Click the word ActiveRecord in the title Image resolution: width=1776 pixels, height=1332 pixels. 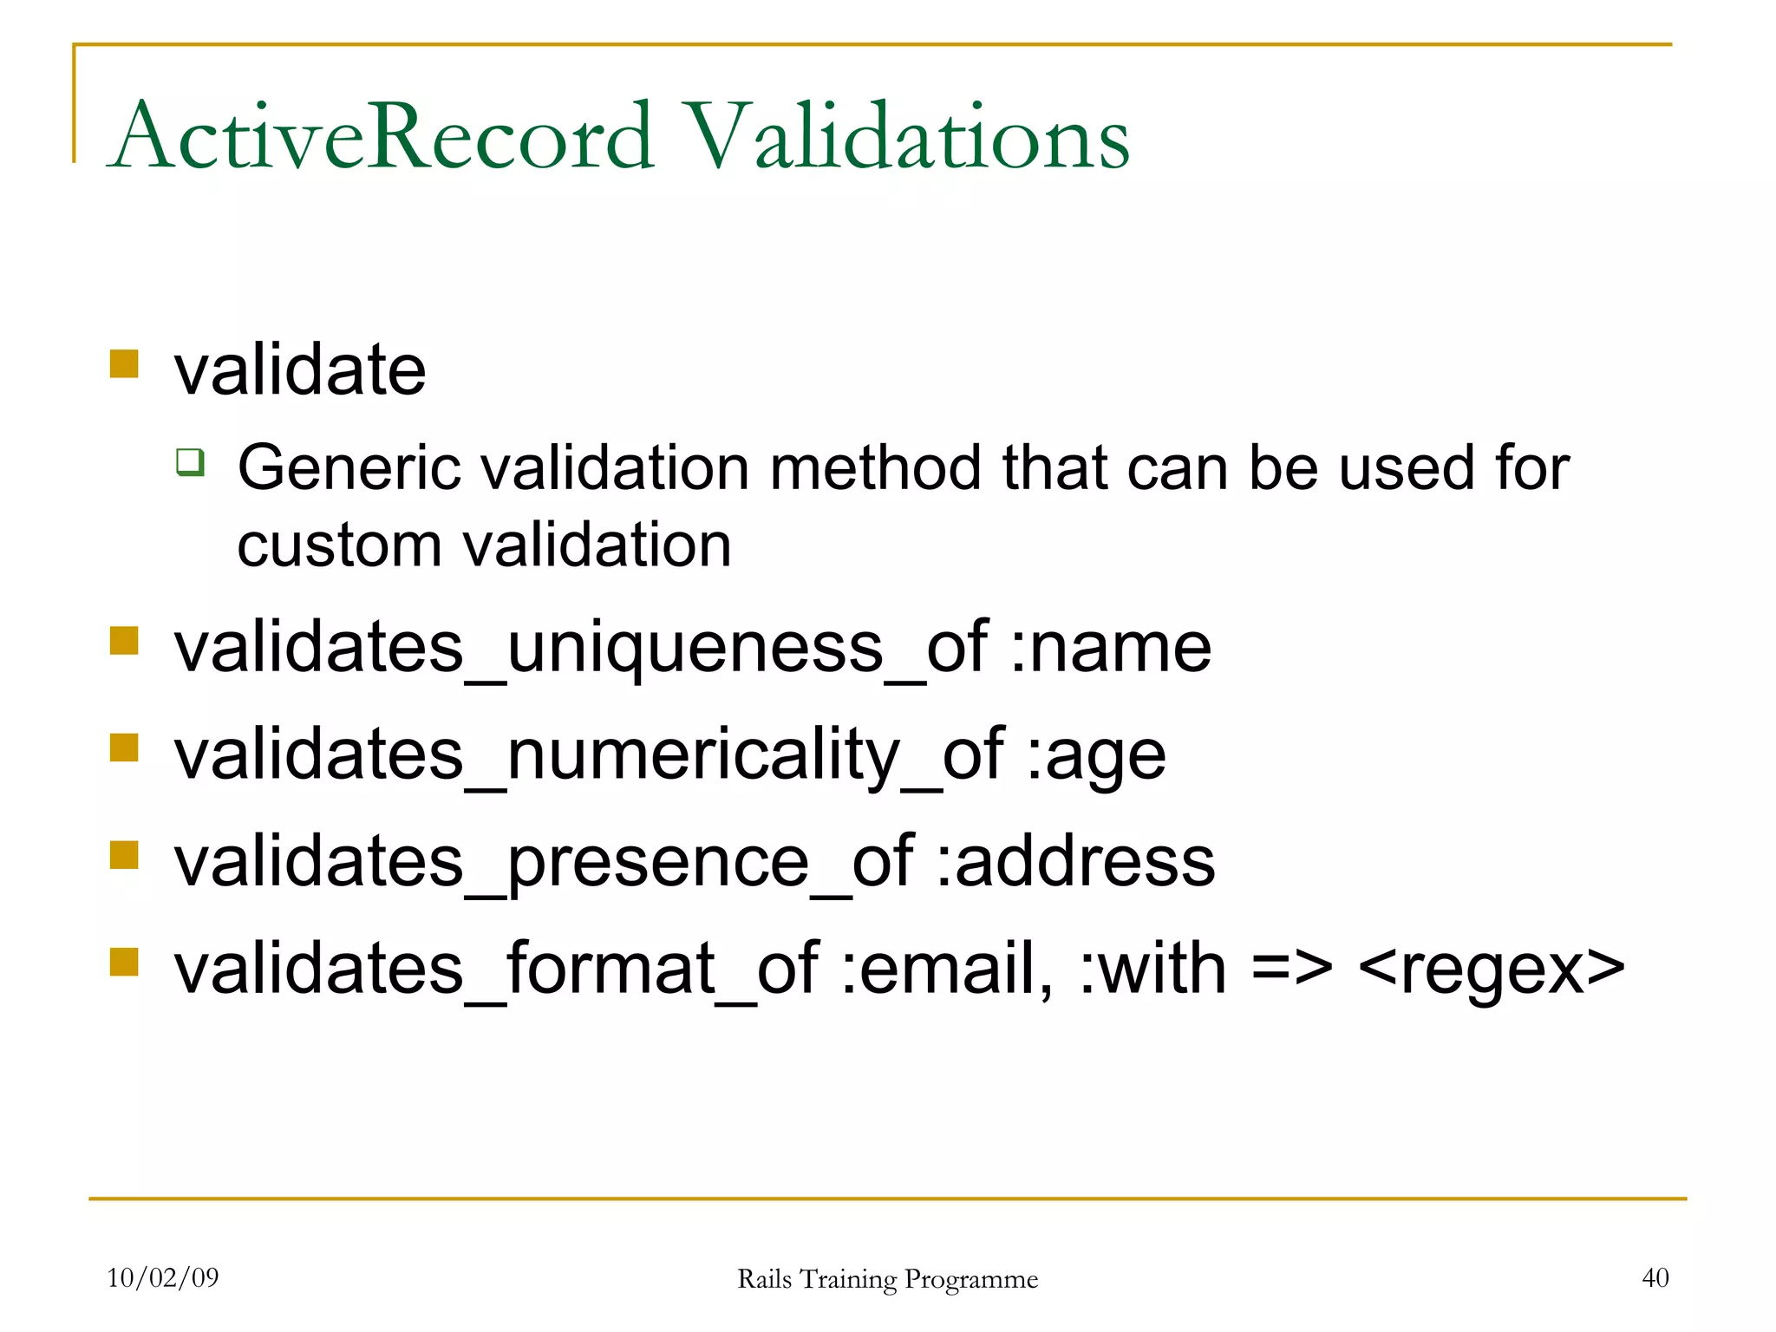click(x=382, y=137)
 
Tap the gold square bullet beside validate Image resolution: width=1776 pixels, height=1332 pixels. click(x=124, y=364)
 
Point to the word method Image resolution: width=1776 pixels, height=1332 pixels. click(x=876, y=468)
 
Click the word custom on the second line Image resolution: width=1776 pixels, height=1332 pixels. click(x=339, y=546)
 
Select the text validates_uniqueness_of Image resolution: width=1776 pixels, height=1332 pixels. click(x=580, y=649)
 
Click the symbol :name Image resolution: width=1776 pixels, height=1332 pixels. click(x=1110, y=649)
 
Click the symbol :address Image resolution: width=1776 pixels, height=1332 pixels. click(x=1075, y=862)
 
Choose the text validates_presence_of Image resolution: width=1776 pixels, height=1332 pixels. click(x=543, y=864)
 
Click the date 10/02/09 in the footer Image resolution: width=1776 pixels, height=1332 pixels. click(x=163, y=1277)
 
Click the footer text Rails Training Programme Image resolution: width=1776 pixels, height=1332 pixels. click(x=887, y=1279)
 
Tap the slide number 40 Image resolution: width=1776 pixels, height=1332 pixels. click(x=1655, y=1277)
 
